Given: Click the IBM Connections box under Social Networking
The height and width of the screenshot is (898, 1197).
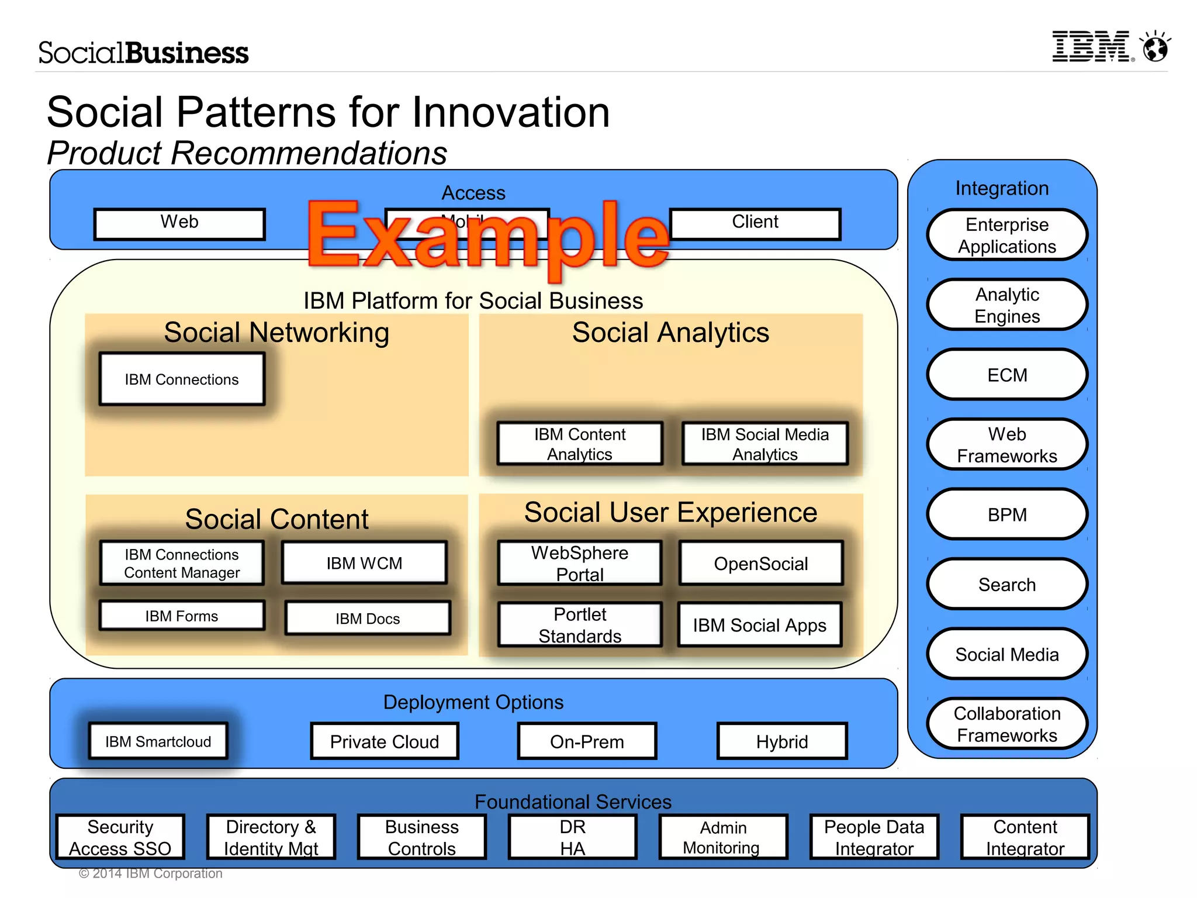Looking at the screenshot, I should (x=182, y=379).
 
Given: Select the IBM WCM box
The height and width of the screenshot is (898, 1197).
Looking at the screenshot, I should (x=364, y=562).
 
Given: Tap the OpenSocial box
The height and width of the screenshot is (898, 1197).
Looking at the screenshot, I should (x=760, y=563).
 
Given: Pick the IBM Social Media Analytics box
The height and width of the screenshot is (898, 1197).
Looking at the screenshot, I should (x=764, y=444).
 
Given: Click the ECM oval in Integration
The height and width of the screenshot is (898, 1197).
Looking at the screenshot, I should (x=1006, y=375).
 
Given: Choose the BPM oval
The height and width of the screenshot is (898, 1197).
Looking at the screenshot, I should (x=1006, y=514).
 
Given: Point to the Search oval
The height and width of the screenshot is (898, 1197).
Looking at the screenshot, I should (x=1006, y=584).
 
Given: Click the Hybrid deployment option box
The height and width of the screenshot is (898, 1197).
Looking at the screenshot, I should (x=781, y=741).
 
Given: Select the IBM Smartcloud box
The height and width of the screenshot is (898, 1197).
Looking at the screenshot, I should (x=158, y=741).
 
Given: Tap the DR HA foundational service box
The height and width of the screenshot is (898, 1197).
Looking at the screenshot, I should (x=572, y=837).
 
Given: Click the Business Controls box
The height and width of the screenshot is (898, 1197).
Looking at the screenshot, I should (x=421, y=837).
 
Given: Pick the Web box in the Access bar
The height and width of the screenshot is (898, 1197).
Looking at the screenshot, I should (x=179, y=223).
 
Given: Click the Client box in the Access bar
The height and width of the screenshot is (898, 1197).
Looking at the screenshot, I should (x=755, y=223).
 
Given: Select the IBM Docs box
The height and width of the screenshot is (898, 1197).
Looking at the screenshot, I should (x=368, y=618).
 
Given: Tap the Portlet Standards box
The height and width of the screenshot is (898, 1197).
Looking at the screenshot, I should (x=580, y=624).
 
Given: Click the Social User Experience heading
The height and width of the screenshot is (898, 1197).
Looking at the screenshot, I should (x=670, y=512).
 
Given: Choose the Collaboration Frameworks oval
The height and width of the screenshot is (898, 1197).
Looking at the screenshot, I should (x=1006, y=724).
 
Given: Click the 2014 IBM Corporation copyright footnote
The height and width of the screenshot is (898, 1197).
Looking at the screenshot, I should (x=151, y=873).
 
